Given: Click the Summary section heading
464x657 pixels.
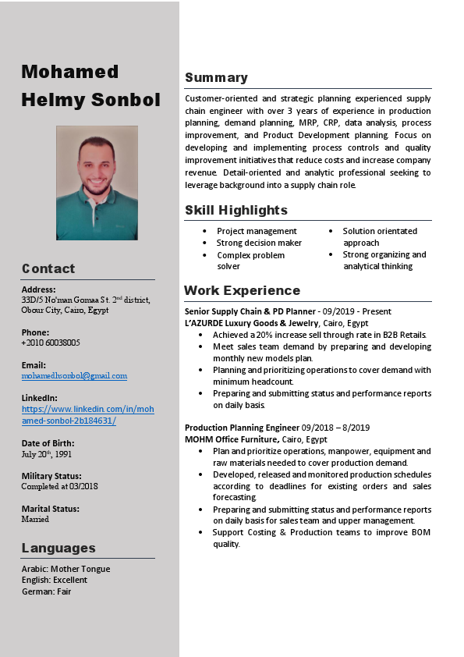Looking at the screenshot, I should [x=216, y=77].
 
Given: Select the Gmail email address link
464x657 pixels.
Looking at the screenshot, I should [x=74, y=375].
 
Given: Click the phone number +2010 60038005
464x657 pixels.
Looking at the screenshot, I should [x=51, y=343].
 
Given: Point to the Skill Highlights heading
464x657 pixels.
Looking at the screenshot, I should [x=236, y=210].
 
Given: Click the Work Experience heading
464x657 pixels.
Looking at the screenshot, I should [x=242, y=290].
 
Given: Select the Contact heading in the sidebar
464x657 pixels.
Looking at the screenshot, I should [x=48, y=268].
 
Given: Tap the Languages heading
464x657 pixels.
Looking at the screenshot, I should [x=58, y=547].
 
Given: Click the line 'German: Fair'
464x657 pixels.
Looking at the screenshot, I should [x=46, y=591].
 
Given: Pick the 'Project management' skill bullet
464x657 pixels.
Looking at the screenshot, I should [x=257, y=231].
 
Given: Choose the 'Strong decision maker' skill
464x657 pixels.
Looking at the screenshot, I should [x=259, y=243].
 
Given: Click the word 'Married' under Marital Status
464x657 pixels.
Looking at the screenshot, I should [x=35, y=519].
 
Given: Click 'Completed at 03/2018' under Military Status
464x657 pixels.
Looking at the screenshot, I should [x=60, y=486].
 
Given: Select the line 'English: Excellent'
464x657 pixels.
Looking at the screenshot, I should [x=55, y=580].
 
